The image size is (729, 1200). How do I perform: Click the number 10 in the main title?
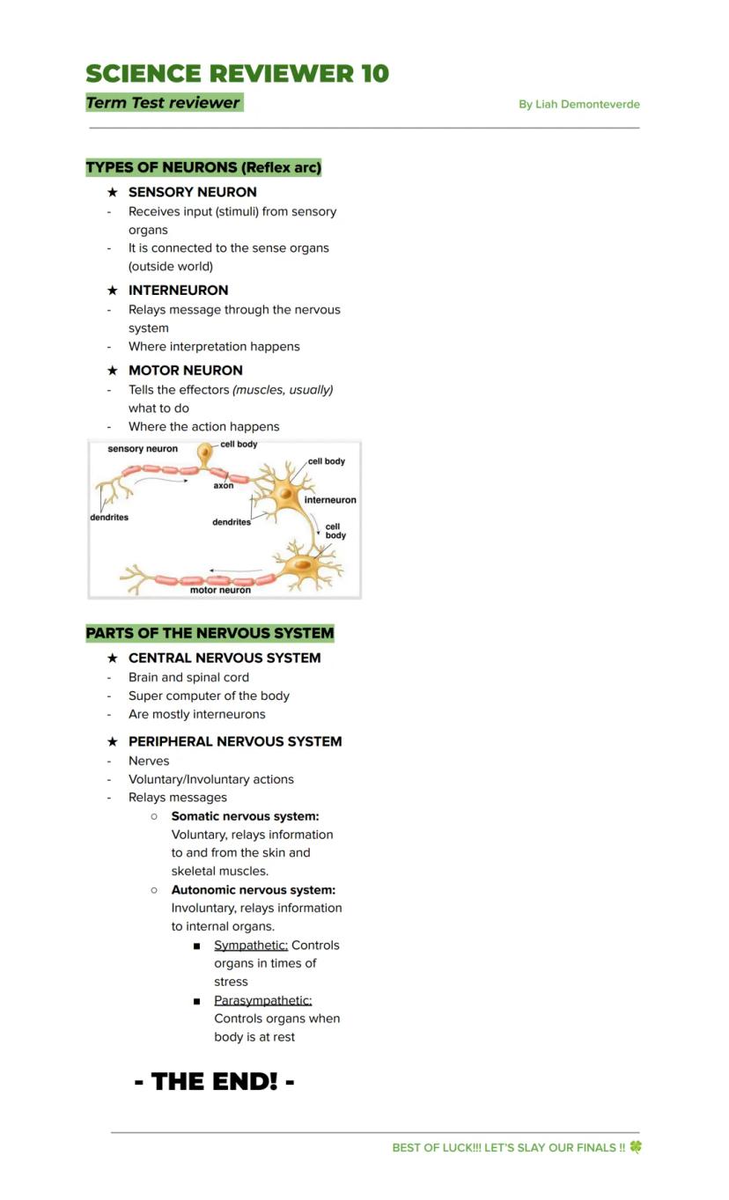click(374, 74)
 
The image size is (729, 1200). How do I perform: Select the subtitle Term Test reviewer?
click(163, 103)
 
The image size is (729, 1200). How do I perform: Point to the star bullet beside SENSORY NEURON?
click(112, 192)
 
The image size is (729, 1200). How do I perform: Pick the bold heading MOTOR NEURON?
click(186, 371)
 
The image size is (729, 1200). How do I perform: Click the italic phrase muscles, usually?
click(283, 390)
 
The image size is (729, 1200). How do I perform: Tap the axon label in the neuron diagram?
click(224, 485)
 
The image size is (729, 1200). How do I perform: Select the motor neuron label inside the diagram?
click(220, 590)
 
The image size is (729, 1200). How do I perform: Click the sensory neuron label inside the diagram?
click(143, 449)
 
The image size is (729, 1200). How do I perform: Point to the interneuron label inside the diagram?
click(330, 500)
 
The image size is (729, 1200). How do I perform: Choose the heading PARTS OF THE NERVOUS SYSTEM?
click(210, 633)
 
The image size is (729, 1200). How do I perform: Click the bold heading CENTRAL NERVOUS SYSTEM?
click(225, 659)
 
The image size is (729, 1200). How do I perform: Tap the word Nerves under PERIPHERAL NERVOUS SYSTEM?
click(149, 761)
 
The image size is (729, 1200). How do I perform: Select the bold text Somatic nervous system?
click(245, 816)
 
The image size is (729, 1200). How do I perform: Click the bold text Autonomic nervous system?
click(253, 890)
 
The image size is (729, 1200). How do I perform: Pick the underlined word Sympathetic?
click(251, 946)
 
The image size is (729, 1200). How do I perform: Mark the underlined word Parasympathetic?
click(262, 1001)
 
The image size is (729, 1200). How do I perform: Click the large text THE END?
click(215, 1081)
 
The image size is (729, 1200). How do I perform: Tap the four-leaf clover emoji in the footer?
click(636, 1147)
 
